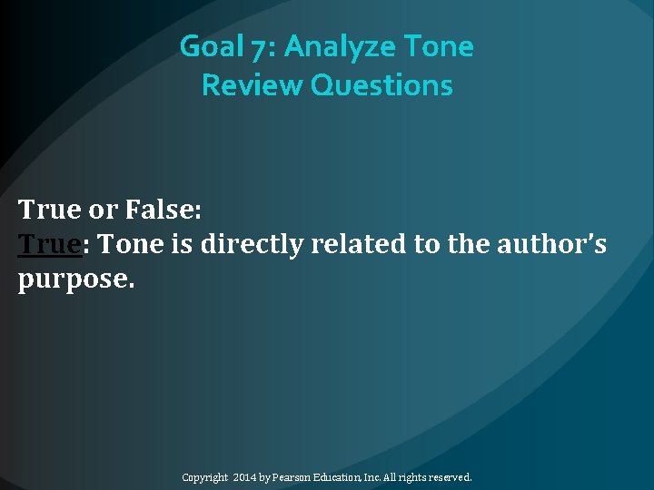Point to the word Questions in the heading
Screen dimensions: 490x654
[381, 85]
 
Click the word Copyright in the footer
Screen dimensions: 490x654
[205, 476]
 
